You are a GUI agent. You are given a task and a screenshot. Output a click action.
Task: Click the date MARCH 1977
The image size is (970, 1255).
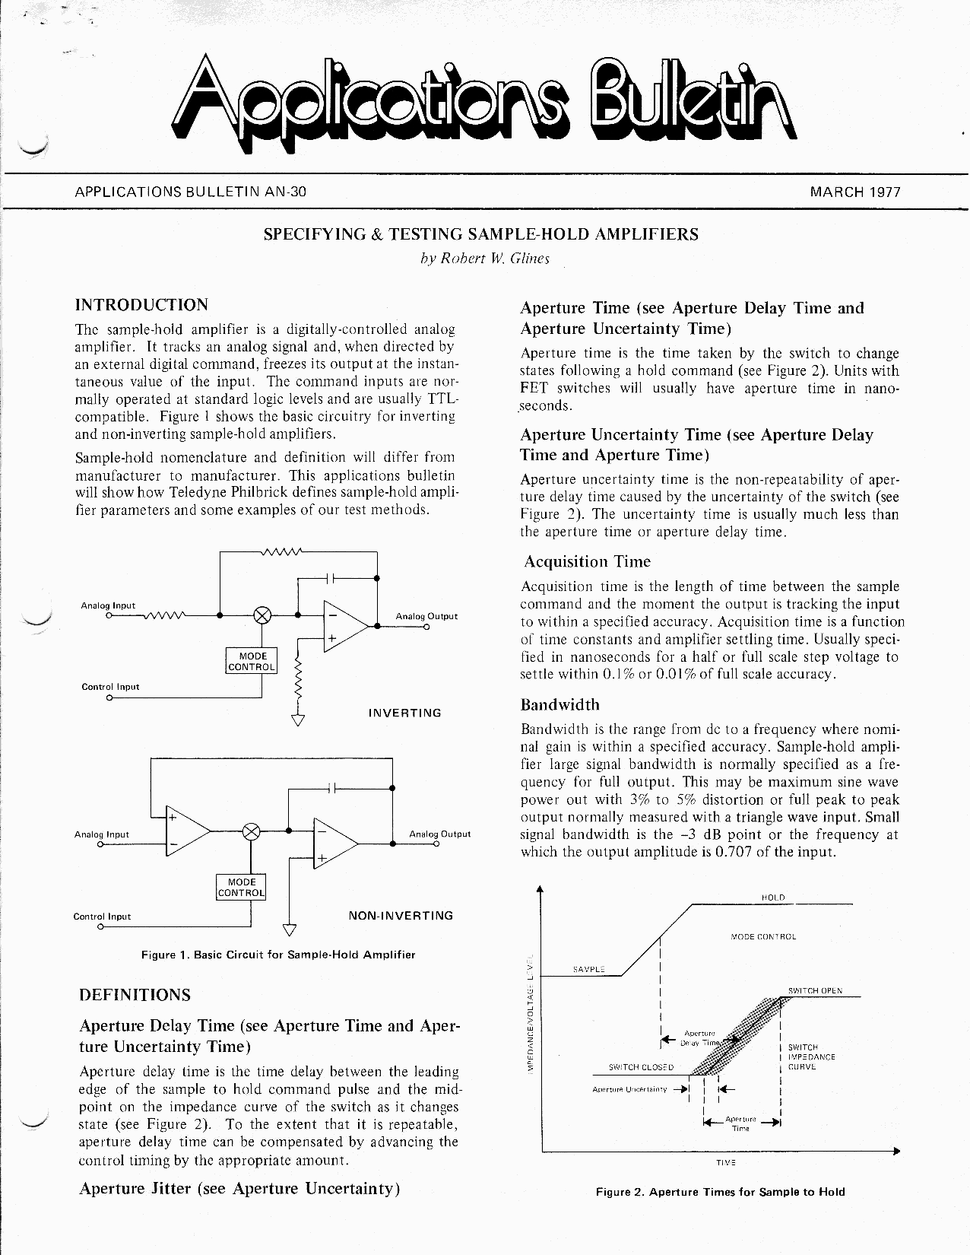click(x=855, y=192)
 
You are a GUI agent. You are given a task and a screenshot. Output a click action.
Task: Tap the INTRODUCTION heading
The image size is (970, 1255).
click(x=141, y=305)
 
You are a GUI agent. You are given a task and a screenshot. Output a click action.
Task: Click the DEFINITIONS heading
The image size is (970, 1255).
click(x=135, y=995)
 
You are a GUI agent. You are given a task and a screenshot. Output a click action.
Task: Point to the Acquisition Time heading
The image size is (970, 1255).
click(x=587, y=562)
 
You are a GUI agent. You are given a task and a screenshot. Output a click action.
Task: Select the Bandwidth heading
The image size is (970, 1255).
click(x=560, y=705)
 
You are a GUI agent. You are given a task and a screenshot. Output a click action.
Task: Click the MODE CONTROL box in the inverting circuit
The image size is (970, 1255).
click(x=252, y=661)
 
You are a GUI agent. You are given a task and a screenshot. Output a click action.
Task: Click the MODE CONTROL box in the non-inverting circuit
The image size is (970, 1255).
click(x=242, y=887)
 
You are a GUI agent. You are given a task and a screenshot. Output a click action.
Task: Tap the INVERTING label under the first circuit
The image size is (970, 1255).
click(x=404, y=713)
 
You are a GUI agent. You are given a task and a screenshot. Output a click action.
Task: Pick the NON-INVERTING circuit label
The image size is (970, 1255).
click(x=401, y=916)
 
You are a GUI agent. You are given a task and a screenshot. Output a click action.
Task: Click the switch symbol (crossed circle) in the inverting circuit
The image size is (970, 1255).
click(x=263, y=615)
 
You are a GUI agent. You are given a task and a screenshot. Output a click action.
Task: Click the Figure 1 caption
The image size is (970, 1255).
click(x=278, y=955)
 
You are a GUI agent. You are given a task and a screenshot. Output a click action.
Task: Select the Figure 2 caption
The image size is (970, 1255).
click(x=720, y=1192)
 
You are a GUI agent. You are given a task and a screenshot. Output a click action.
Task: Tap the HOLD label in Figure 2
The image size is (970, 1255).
click(x=773, y=898)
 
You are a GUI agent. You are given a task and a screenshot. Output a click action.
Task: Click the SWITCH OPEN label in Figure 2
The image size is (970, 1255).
click(x=815, y=991)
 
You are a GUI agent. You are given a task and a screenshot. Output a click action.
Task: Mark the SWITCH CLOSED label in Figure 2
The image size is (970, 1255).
click(x=641, y=1067)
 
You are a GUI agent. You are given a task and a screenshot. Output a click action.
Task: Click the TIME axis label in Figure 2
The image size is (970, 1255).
click(x=726, y=1163)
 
